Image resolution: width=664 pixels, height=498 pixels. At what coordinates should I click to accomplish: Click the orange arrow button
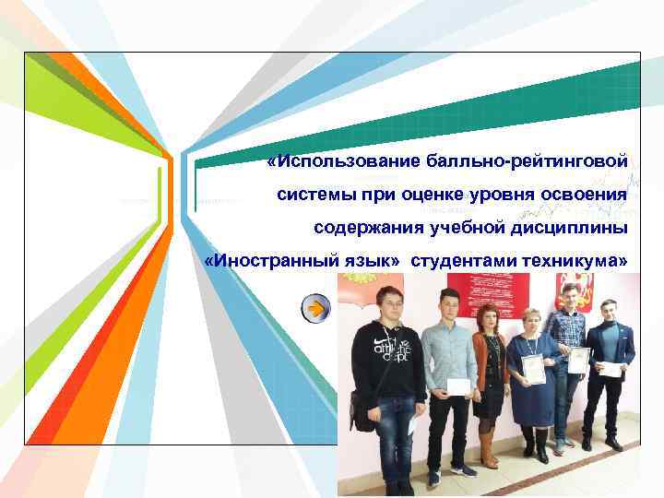316,309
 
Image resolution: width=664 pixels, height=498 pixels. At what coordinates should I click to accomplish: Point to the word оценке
433,196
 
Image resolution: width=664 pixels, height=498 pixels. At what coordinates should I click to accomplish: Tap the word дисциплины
571,228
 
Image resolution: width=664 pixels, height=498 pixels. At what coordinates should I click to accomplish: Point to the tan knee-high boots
489,442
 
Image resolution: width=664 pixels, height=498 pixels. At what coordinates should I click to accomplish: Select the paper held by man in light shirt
458,385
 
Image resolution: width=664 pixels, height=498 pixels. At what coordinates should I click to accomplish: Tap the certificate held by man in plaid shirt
578,360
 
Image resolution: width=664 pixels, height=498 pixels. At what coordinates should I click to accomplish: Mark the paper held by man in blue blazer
610,368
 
